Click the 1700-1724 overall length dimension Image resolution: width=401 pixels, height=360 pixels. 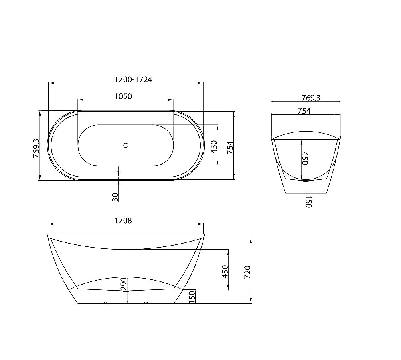133,79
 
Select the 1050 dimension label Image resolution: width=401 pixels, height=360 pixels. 123,96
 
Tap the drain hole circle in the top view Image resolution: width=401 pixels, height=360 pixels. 126,145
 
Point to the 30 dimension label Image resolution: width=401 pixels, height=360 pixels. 115,197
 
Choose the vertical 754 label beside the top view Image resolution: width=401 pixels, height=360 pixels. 230,147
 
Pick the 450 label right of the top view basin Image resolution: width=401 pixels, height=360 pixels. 214,147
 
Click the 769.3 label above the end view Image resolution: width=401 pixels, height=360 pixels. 311,98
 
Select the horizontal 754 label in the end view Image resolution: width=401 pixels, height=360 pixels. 304,111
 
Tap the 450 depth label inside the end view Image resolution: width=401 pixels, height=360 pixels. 306,158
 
